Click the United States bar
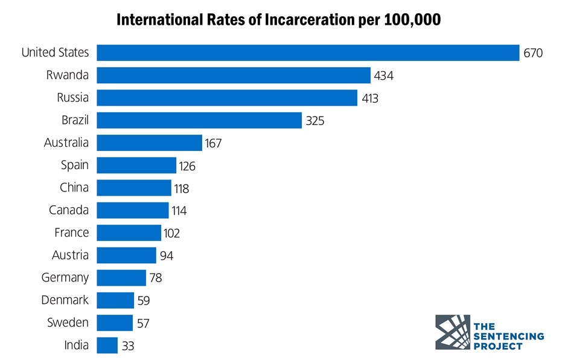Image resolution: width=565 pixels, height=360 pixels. coord(308,53)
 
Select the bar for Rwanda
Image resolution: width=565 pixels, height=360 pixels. coord(233,76)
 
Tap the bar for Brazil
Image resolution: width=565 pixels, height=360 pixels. coord(199,120)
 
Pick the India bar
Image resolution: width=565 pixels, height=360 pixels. coord(107,346)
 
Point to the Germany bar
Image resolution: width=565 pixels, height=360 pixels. coord(121,278)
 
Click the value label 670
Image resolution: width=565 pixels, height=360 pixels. coord(533,53)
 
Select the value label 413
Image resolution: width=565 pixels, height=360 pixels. coord(369,98)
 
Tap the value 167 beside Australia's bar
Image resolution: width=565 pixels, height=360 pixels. coord(213,143)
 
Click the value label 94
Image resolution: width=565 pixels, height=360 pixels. coord(166,256)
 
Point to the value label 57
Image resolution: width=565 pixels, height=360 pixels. coord(143,323)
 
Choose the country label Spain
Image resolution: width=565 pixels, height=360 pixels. coord(74,165)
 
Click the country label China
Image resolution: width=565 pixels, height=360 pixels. coord(74,187)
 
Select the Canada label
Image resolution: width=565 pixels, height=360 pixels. coord(69,210)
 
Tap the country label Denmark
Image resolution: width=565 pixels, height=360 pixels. coord(65,300)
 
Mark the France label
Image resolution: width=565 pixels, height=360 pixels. coord(71,233)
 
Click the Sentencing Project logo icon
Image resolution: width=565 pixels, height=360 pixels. coord(452,332)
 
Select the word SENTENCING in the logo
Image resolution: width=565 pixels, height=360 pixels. coord(508,336)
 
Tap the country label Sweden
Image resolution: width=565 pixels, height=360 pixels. coord(68,323)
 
